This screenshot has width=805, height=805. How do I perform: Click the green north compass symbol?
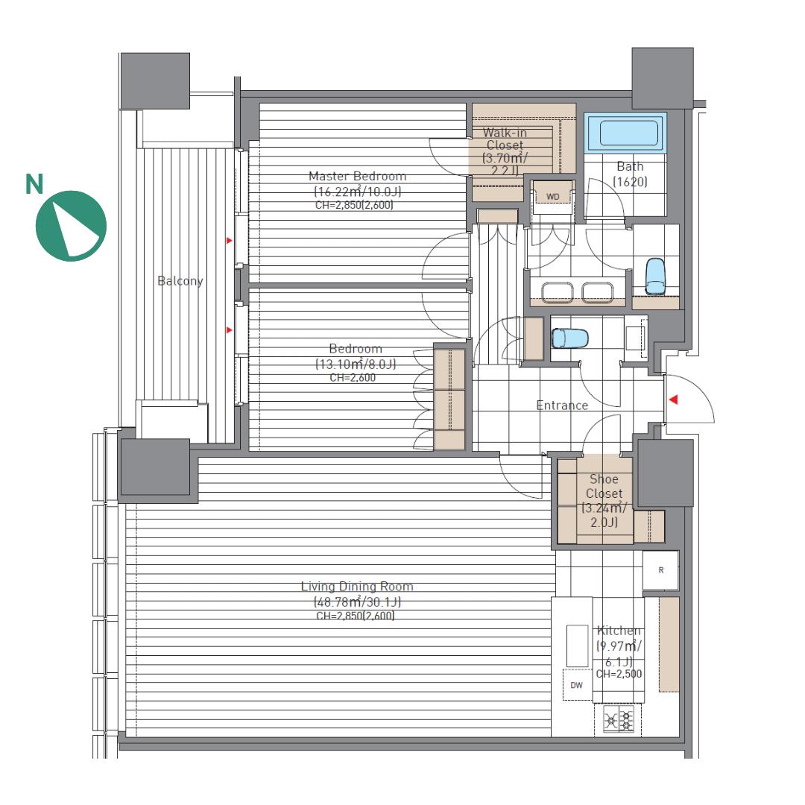[x=71, y=226]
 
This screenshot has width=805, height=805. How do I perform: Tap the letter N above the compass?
[x=34, y=185]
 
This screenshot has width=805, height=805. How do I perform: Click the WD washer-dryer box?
[x=552, y=197]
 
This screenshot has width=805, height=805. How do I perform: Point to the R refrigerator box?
[x=660, y=570]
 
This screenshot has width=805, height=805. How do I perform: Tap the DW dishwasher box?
[x=577, y=685]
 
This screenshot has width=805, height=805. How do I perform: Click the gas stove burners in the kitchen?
[x=619, y=719]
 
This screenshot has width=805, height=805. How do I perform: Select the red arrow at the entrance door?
[x=673, y=400]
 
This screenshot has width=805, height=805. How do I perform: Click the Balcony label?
[x=180, y=281]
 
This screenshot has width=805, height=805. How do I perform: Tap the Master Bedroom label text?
[x=357, y=176]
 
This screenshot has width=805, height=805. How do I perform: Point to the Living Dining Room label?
[x=357, y=587]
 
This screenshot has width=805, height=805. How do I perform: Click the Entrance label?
[x=562, y=405]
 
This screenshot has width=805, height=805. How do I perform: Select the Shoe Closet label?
[x=604, y=486]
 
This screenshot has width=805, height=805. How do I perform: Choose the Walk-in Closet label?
[x=505, y=139]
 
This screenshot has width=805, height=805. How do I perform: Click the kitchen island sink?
[x=577, y=645]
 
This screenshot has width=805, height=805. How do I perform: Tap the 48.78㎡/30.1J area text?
[x=357, y=602]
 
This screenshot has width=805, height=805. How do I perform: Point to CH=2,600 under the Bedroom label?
[x=353, y=378]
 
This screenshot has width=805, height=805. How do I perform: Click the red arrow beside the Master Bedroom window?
[x=229, y=240]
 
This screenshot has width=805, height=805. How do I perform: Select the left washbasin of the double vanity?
[x=558, y=291]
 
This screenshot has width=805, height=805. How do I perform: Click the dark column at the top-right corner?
[x=663, y=78]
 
